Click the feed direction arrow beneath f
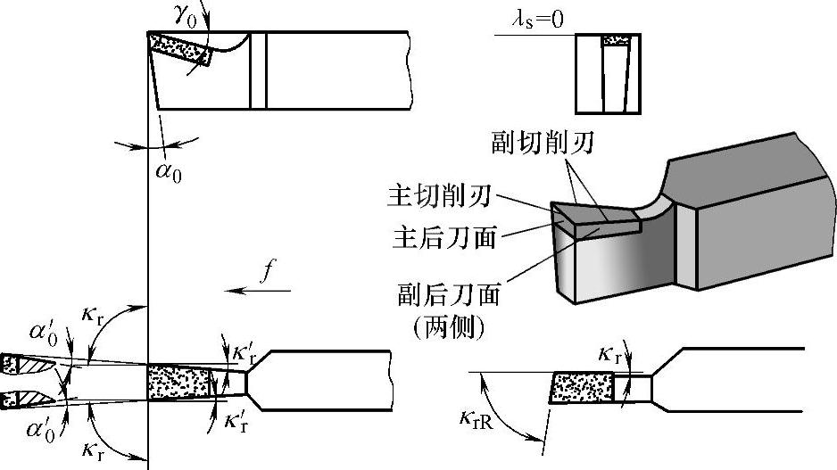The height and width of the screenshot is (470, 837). [259, 291]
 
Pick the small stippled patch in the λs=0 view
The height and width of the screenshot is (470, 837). [614, 41]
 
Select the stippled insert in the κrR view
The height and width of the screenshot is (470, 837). [583, 388]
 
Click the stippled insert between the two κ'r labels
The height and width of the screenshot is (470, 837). [180, 383]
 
